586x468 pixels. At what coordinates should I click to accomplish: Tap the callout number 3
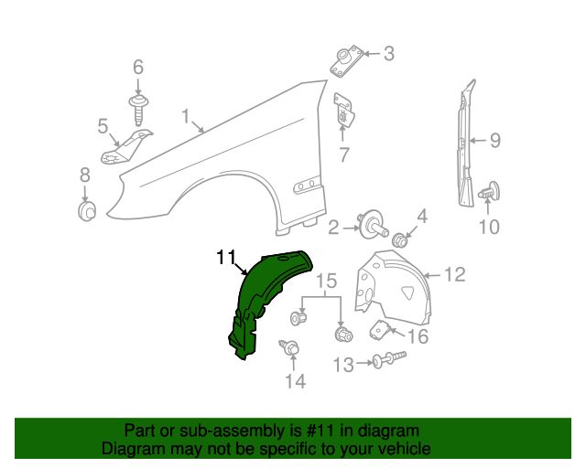click(x=388, y=54)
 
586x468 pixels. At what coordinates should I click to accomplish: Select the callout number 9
click(x=494, y=141)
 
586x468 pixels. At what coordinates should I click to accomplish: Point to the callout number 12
click(x=455, y=273)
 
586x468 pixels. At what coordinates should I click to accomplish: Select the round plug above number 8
click(x=87, y=212)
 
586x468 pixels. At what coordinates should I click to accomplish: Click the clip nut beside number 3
click(x=346, y=62)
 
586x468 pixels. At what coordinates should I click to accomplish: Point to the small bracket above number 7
click(x=344, y=112)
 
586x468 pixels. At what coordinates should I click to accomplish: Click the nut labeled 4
click(x=400, y=241)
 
